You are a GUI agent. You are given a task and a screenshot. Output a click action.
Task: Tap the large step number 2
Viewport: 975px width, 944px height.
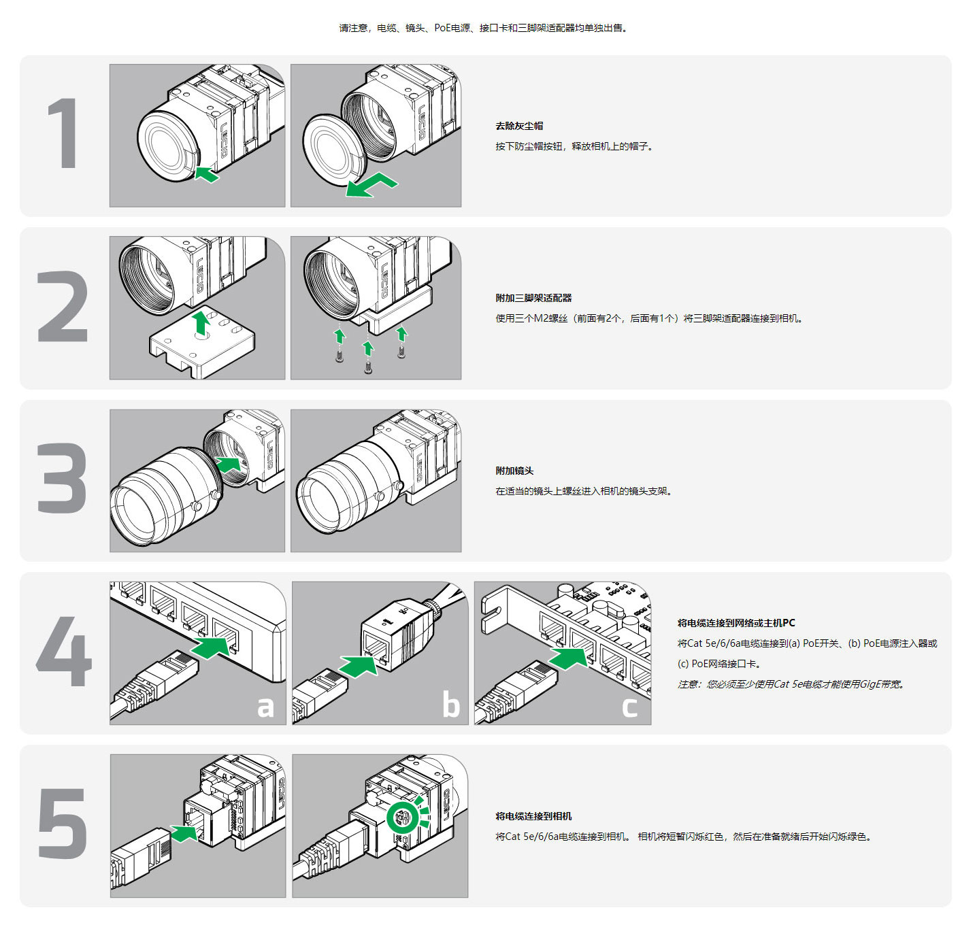pos(63,306)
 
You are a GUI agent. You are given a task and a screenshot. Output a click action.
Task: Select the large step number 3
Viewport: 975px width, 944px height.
pos(63,479)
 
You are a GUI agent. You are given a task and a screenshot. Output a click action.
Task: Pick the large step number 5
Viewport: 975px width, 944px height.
pos(63,824)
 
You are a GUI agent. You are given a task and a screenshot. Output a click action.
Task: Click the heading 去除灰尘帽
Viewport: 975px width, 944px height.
pos(519,126)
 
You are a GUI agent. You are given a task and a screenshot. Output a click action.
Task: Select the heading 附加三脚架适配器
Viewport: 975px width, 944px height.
pos(533,298)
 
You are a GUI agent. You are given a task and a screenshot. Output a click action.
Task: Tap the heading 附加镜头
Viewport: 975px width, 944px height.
pos(514,471)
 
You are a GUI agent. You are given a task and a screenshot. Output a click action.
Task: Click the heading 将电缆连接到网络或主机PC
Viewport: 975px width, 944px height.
pos(736,623)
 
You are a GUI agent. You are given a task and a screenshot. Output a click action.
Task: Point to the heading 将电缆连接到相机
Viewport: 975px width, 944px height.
pos(533,816)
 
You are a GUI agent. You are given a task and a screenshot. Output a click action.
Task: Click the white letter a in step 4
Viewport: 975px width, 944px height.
pos(265,707)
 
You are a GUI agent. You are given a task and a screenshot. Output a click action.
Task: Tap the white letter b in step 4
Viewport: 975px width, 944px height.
pos(450,705)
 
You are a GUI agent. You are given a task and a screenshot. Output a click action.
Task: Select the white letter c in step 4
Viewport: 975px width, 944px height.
pos(629,707)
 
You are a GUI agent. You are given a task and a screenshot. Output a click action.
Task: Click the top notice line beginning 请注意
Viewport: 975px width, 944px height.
pos(483,29)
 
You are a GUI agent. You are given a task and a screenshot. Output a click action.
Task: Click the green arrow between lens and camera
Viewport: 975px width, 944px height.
pos(229,465)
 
